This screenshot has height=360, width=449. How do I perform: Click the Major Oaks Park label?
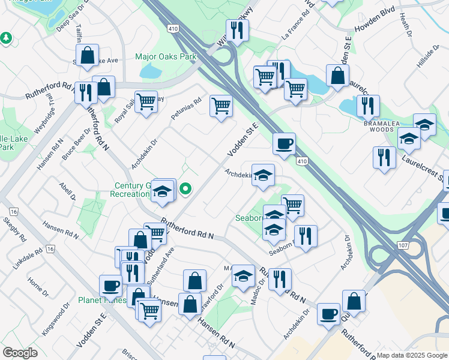[x=166, y=57]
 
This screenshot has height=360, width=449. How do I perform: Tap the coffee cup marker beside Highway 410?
[x=284, y=143]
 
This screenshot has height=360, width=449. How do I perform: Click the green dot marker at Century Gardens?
[x=186, y=190]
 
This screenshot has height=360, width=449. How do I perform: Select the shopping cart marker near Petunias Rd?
[x=221, y=106]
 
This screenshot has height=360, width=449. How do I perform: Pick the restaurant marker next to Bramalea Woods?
[x=367, y=106]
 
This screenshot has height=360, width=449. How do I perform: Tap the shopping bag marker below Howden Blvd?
[x=338, y=75]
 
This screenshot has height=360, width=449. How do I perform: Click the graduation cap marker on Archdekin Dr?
[x=263, y=175]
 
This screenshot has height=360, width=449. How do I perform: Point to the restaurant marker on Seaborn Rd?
[x=306, y=235]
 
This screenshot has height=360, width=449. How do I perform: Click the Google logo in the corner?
[x=20, y=352]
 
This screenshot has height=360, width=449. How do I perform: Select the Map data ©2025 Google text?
[x=411, y=355]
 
